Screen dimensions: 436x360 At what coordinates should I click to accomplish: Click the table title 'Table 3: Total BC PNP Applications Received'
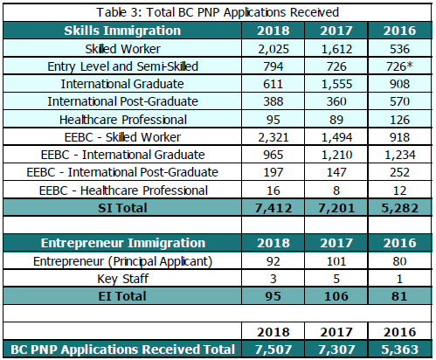[x=218, y=12]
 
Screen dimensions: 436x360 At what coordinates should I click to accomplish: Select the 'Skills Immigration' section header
[x=122, y=31]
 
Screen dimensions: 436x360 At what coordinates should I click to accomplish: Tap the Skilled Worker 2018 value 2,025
[x=273, y=49]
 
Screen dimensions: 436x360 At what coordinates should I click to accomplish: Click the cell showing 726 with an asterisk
[x=399, y=66]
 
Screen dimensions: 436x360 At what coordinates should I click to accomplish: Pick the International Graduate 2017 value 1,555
[x=336, y=84]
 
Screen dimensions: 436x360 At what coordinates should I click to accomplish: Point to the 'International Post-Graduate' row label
[x=122, y=101]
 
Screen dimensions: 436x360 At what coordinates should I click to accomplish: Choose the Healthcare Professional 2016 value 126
[x=399, y=120]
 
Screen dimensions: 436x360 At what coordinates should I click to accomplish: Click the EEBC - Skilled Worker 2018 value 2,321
[x=273, y=137]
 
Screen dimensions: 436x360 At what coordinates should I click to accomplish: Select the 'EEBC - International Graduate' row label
[x=122, y=155]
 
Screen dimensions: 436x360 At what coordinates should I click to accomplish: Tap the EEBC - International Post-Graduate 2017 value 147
[x=336, y=172]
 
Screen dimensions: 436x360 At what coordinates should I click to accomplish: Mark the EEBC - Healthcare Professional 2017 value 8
[x=336, y=190]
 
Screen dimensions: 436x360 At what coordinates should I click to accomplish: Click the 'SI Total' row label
[x=122, y=208]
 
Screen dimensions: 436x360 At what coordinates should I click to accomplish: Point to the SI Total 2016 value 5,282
[x=399, y=208]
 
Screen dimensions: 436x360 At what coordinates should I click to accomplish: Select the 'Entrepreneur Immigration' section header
[x=123, y=243]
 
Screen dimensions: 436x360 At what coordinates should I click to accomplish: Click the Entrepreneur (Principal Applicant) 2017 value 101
[x=336, y=261]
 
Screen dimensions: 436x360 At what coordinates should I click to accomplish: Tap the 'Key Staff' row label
[x=123, y=279]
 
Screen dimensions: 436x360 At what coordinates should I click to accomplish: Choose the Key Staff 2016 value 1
[x=399, y=279]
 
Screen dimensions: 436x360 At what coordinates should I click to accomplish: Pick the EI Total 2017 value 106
[x=336, y=296]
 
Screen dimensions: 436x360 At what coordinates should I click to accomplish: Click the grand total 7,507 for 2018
[x=273, y=350]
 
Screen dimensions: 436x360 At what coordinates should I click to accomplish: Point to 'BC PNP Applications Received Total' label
[x=122, y=350]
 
